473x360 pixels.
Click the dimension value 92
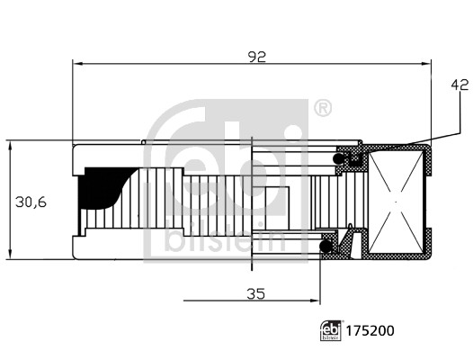257,57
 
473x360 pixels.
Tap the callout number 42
460,85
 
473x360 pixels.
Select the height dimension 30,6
31,202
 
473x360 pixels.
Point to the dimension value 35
255,293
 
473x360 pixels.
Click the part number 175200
370,331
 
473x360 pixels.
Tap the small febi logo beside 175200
331,331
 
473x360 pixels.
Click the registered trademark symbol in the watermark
323,108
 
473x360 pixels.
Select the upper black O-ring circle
338,159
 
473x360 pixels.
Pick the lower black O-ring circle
326,246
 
